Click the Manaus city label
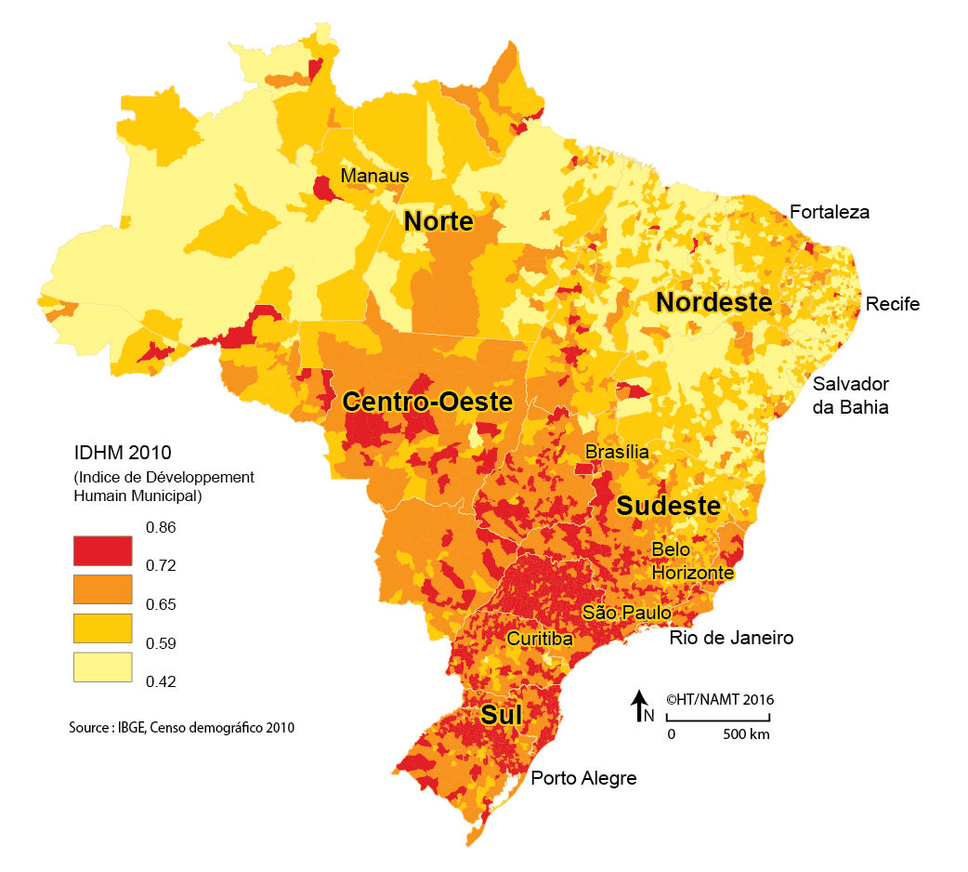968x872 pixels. pyautogui.click(x=374, y=176)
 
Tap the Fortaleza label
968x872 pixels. pyautogui.click(x=830, y=212)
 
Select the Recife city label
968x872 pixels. pyautogui.click(x=893, y=304)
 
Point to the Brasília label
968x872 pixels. pyautogui.click(x=617, y=452)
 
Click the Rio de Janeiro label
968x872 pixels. pyautogui.click(x=731, y=639)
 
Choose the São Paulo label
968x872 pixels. pyautogui.click(x=626, y=613)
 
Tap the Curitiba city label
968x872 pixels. pyautogui.click(x=540, y=639)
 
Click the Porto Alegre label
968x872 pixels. pyautogui.click(x=583, y=778)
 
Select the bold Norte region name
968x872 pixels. pyautogui.click(x=438, y=222)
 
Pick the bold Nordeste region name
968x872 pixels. pyautogui.click(x=713, y=302)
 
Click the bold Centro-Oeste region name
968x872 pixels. pyautogui.click(x=427, y=402)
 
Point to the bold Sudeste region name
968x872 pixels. pyautogui.click(x=669, y=506)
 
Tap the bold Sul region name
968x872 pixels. pyautogui.click(x=501, y=715)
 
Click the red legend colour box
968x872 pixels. pyautogui.click(x=102, y=549)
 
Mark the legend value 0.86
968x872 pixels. pyautogui.click(x=161, y=527)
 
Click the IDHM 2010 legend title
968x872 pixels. pyautogui.click(x=123, y=454)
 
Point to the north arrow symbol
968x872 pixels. pyautogui.click(x=639, y=706)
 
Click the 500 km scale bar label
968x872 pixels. pyautogui.click(x=747, y=734)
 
